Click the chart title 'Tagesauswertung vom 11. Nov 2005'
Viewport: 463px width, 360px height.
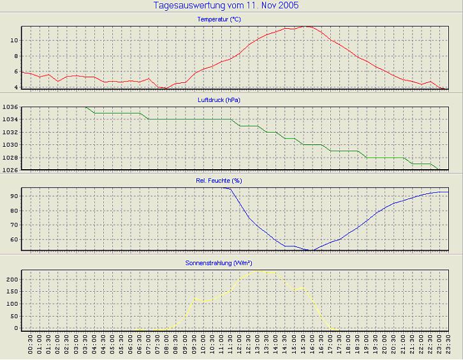[226, 6]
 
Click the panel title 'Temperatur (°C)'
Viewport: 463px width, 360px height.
[219, 20]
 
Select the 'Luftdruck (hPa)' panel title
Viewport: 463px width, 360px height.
[219, 100]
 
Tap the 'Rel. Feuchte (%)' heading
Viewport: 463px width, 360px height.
[219, 181]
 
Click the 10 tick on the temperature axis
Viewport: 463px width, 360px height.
[14, 40]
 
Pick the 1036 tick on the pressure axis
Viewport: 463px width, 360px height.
[11, 107]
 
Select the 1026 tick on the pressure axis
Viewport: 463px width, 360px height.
[11, 170]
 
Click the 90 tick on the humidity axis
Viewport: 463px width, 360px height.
[14, 196]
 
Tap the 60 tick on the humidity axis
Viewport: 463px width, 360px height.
[14, 240]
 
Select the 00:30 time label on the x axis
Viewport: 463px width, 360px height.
[30, 346]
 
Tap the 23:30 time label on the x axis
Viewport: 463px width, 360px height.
[448, 346]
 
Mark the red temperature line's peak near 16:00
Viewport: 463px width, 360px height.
[307, 26]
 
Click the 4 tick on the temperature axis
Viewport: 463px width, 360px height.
[16, 88]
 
